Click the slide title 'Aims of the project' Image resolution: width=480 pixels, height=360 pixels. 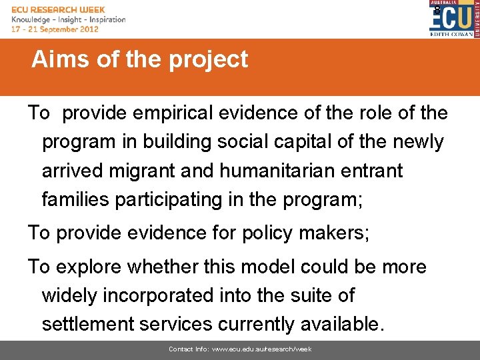point(139,60)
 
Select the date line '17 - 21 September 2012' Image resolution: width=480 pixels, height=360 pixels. point(55,29)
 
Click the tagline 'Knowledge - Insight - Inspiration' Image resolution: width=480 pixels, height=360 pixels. point(69,19)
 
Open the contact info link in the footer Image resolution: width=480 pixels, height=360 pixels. point(240,349)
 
